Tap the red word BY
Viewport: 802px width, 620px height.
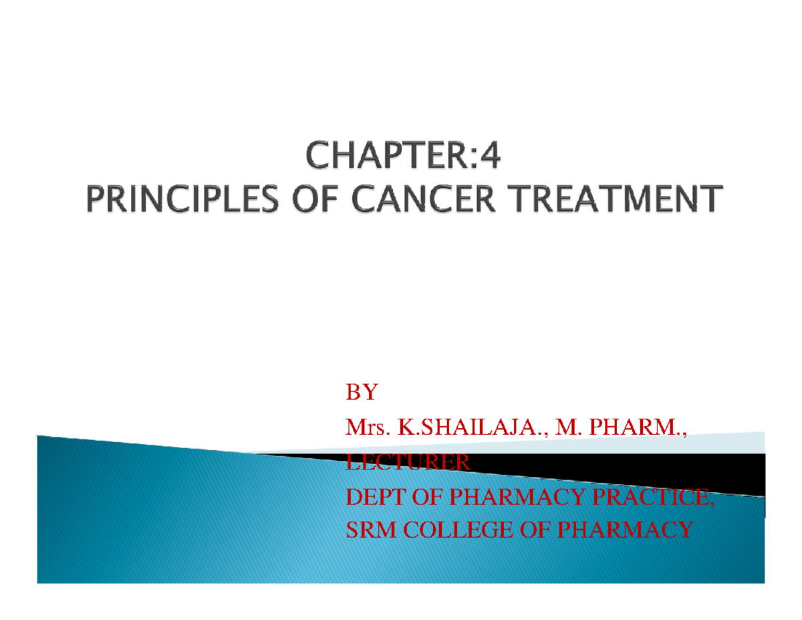pos(361,393)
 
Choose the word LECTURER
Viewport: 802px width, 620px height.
pos(407,461)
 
